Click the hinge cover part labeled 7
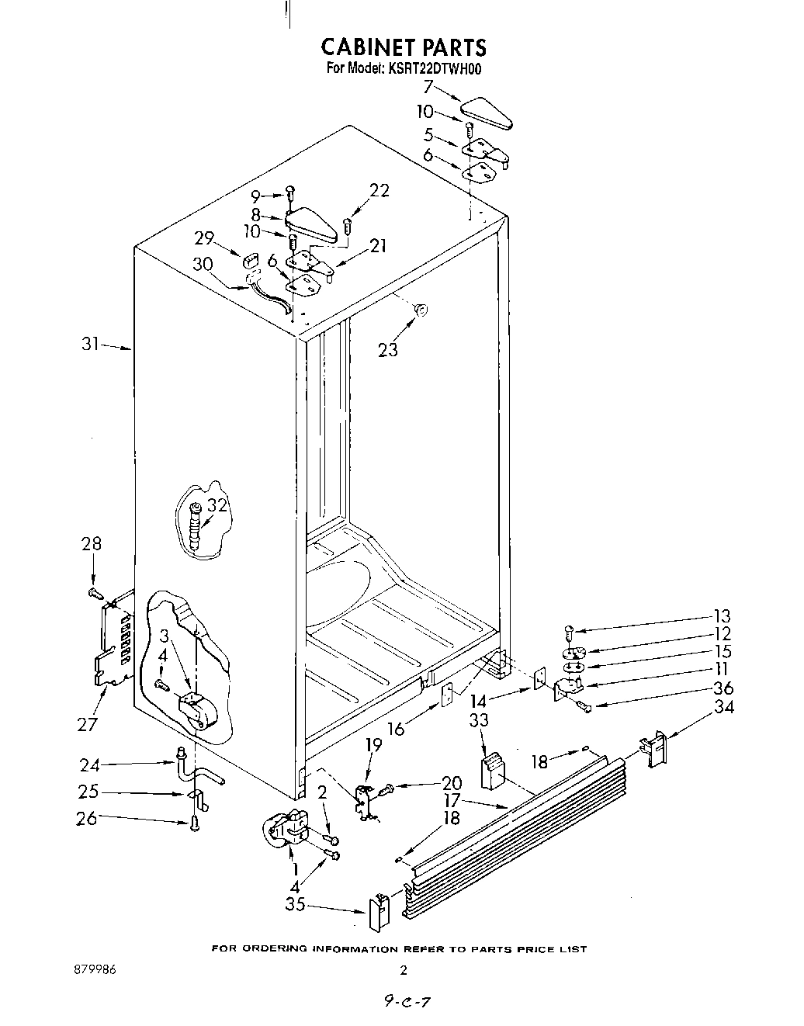[x=487, y=113]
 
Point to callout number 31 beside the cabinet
[x=91, y=343]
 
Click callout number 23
[x=387, y=350]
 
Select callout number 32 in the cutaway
[x=218, y=506]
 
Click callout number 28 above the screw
[x=92, y=543]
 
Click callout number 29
[x=204, y=238]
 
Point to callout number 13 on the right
[x=722, y=616]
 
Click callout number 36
[x=723, y=688]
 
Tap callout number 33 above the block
[x=479, y=720]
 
